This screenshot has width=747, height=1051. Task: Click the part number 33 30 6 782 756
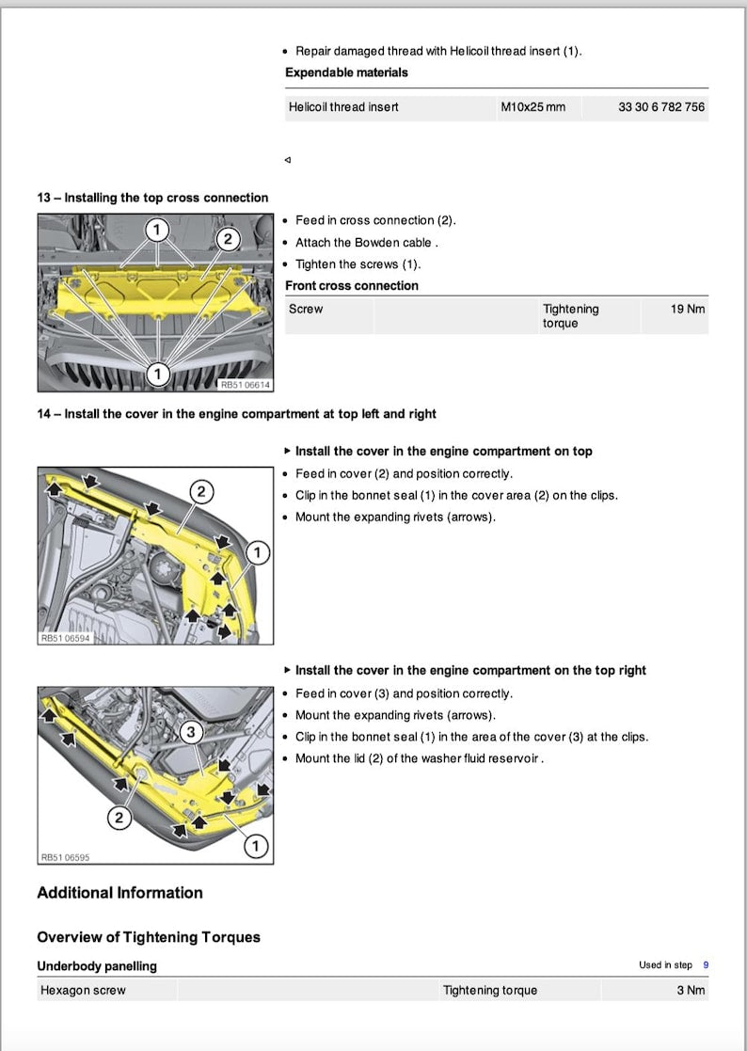click(x=660, y=107)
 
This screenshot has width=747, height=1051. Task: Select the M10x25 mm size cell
click(x=533, y=107)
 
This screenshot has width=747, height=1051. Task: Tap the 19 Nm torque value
click(x=688, y=309)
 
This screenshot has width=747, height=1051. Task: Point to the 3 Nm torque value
click(x=691, y=990)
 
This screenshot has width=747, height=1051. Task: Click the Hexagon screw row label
click(x=83, y=990)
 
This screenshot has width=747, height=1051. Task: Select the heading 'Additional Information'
click(x=119, y=893)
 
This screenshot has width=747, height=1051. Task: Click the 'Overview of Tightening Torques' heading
click(x=149, y=937)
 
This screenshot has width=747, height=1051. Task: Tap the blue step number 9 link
click(x=706, y=965)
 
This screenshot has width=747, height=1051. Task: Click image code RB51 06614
click(x=245, y=385)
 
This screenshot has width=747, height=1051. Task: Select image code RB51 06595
click(x=65, y=857)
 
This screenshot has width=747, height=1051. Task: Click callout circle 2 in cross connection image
click(x=228, y=239)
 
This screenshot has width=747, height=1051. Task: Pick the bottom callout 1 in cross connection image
click(x=157, y=374)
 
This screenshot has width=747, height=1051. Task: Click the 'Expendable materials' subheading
click(x=346, y=72)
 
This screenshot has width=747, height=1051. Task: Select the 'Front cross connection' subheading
click(x=352, y=286)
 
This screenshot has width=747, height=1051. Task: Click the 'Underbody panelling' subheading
click(x=97, y=966)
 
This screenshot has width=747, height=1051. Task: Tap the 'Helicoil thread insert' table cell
click(x=343, y=107)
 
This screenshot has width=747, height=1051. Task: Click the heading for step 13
click(x=152, y=198)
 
